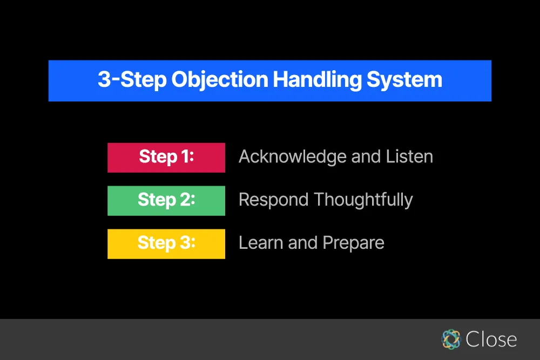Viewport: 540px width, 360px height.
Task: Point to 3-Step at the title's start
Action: pos(132,80)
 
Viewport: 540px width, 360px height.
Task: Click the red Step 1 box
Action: pos(166,157)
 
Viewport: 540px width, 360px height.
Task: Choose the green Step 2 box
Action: pos(166,200)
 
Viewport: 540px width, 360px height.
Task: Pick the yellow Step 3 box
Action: pos(166,243)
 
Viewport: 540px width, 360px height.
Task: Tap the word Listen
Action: pos(409,157)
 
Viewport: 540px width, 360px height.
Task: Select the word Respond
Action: pos(273,200)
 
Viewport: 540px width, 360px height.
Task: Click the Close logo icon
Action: pos(450,339)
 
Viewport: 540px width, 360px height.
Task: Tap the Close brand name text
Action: pos(491,339)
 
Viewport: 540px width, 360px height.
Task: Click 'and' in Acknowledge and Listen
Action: pos(366,157)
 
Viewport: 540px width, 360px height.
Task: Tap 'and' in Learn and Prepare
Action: pos(302,243)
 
